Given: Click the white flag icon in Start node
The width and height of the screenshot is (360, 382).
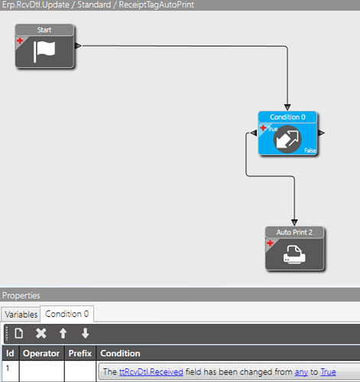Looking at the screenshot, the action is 44,52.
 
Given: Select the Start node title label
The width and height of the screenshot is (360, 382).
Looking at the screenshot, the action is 44,30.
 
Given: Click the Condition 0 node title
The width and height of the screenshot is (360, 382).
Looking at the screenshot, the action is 287,117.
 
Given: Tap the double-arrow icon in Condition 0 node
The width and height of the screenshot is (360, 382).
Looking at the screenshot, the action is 287,139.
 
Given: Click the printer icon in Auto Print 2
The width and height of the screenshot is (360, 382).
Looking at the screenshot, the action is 294,254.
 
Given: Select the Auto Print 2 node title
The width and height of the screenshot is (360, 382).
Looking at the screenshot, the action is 294,232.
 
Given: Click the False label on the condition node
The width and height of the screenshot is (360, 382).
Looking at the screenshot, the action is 310,151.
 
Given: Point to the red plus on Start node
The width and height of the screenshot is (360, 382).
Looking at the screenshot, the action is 20,40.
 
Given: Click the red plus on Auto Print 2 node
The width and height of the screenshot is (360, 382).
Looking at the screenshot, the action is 270,243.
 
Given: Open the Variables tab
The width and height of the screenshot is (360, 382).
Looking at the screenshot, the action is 21,315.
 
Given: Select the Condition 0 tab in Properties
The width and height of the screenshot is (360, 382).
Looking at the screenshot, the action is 67,314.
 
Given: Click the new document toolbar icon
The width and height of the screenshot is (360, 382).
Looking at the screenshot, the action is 19,333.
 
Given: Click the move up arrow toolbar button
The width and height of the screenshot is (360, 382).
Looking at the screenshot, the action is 63,333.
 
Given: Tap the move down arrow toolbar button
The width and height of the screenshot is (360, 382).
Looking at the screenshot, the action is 85,333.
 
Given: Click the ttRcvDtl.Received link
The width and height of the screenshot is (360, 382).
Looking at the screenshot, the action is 151,372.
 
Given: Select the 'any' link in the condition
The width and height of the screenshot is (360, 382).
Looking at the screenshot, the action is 301,372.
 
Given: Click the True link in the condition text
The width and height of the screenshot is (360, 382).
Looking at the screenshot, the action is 328,372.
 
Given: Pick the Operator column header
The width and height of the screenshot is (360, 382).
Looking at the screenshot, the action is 41,353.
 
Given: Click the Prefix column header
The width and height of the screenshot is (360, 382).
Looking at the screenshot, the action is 80,353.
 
